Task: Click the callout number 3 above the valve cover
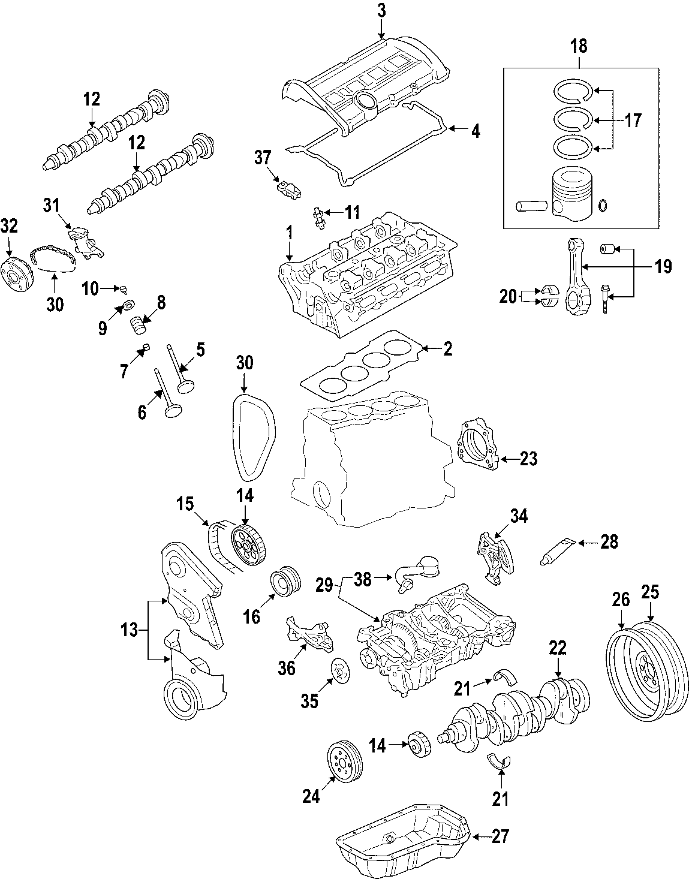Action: point(382,10)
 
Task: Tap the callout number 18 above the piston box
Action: point(579,46)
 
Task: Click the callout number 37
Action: point(263,158)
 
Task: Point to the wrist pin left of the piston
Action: point(530,206)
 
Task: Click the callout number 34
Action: point(519,515)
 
